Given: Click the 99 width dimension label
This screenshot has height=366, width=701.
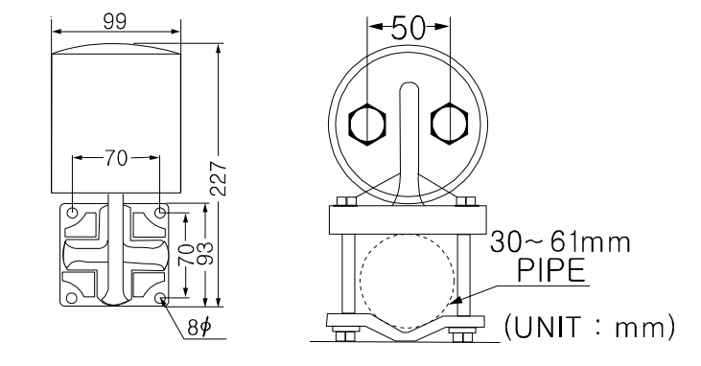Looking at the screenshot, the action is point(115,21).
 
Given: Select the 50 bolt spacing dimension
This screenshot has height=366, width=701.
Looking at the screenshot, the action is point(409,28).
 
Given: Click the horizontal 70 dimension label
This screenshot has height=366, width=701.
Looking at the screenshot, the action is point(116,158).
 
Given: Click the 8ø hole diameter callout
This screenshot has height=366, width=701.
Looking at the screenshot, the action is point(199,328).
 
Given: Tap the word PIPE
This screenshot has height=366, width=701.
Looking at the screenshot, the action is point(551,270).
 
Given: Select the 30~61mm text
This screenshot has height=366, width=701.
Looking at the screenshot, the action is point(561,242).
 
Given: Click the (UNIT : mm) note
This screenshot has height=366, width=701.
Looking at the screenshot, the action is point(590,327).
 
